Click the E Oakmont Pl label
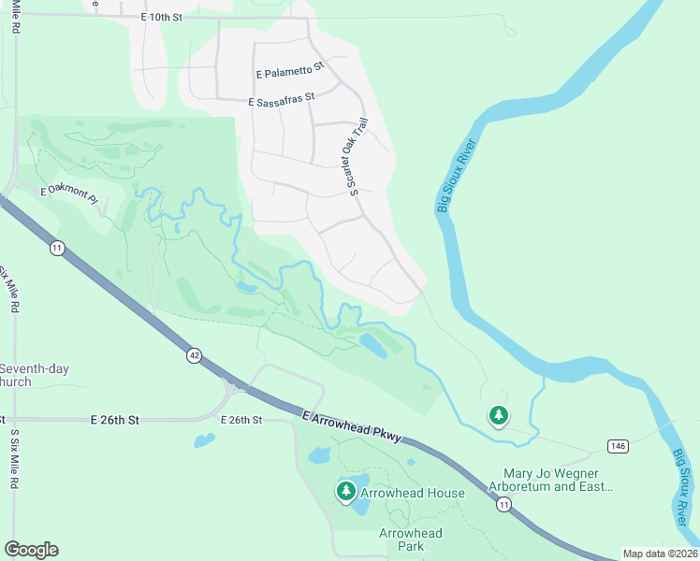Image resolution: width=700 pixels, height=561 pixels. click(68, 190)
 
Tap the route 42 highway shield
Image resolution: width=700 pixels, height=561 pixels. click(193, 355)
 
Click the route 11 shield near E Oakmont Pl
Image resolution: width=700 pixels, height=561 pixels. click(57, 248)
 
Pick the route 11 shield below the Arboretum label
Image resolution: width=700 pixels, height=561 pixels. click(504, 505)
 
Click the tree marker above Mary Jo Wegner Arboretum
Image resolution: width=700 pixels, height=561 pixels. click(499, 414)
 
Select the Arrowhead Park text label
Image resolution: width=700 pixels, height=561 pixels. click(410, 539)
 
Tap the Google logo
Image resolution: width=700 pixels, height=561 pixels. click(31, 549)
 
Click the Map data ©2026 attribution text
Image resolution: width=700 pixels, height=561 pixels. click(659, 554)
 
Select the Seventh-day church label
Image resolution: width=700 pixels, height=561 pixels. click(34, 375)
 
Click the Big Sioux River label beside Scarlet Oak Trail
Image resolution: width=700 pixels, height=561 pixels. click(456, 176)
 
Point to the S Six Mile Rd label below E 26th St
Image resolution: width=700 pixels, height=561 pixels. click(14, 459)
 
